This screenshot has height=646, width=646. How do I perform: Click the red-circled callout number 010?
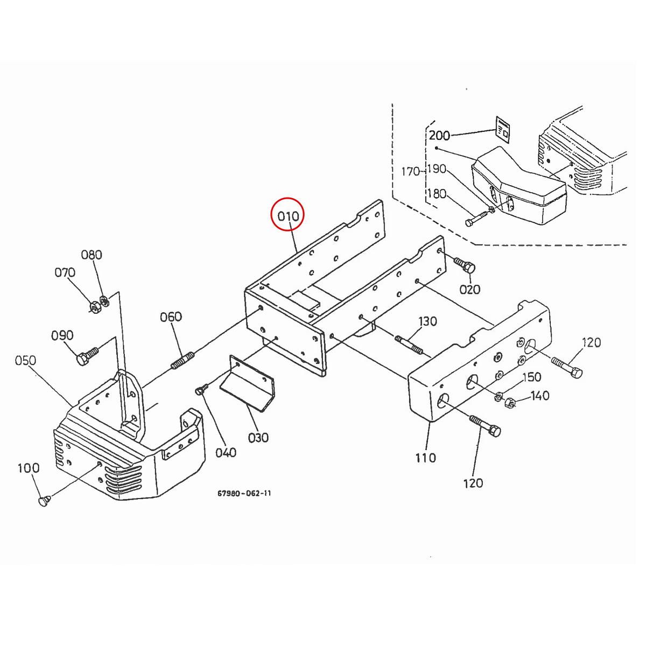(x=288, y=216)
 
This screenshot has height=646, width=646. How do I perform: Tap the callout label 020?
(x=469, y=290)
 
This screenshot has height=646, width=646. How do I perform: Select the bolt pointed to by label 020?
(x=465, y=265)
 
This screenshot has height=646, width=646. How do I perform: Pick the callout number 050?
(x=25, y=360)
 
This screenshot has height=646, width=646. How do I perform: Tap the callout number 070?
(x=65, y=273)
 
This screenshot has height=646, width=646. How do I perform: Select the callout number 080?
(x=92, y=255)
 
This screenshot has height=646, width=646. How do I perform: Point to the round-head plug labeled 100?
(x=44, y=501)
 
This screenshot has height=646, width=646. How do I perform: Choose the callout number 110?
(x=425, y=458)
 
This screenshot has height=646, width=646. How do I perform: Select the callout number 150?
(x=531, y=377)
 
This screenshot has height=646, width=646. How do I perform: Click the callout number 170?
(x=411, y=172)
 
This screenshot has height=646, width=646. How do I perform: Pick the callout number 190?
(x=436, y=169)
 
